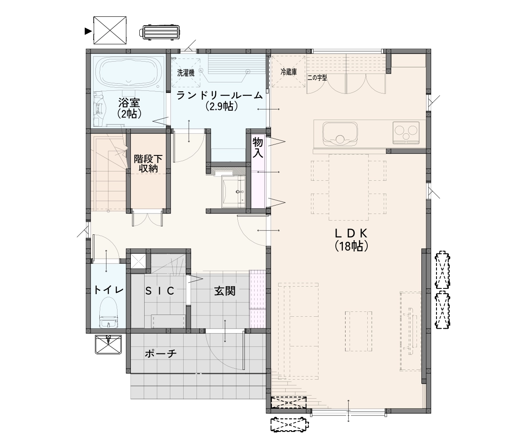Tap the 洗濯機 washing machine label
click(x=186, y=73)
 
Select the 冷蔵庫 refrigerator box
click(x=288, y=71)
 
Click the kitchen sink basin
click(x=340, y=133)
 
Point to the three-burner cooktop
click(x=406, y=132)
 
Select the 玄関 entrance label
click(x=224, y=291)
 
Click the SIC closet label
click(x=160, y=291)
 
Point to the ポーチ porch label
click(x=161, y=354)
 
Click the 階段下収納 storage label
click(x=148, y=164)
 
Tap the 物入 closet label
click(x=258, y=148)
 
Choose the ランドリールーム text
click(x=219, y=95)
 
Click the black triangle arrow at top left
click(x=88, y=31)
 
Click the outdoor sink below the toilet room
click(x=109, y=344)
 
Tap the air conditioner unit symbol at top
click(x=160, y=32)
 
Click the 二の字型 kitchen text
click(x=317, y=78)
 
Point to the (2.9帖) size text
click(x=221, y=106)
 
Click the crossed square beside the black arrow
click(x=110, y=30)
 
